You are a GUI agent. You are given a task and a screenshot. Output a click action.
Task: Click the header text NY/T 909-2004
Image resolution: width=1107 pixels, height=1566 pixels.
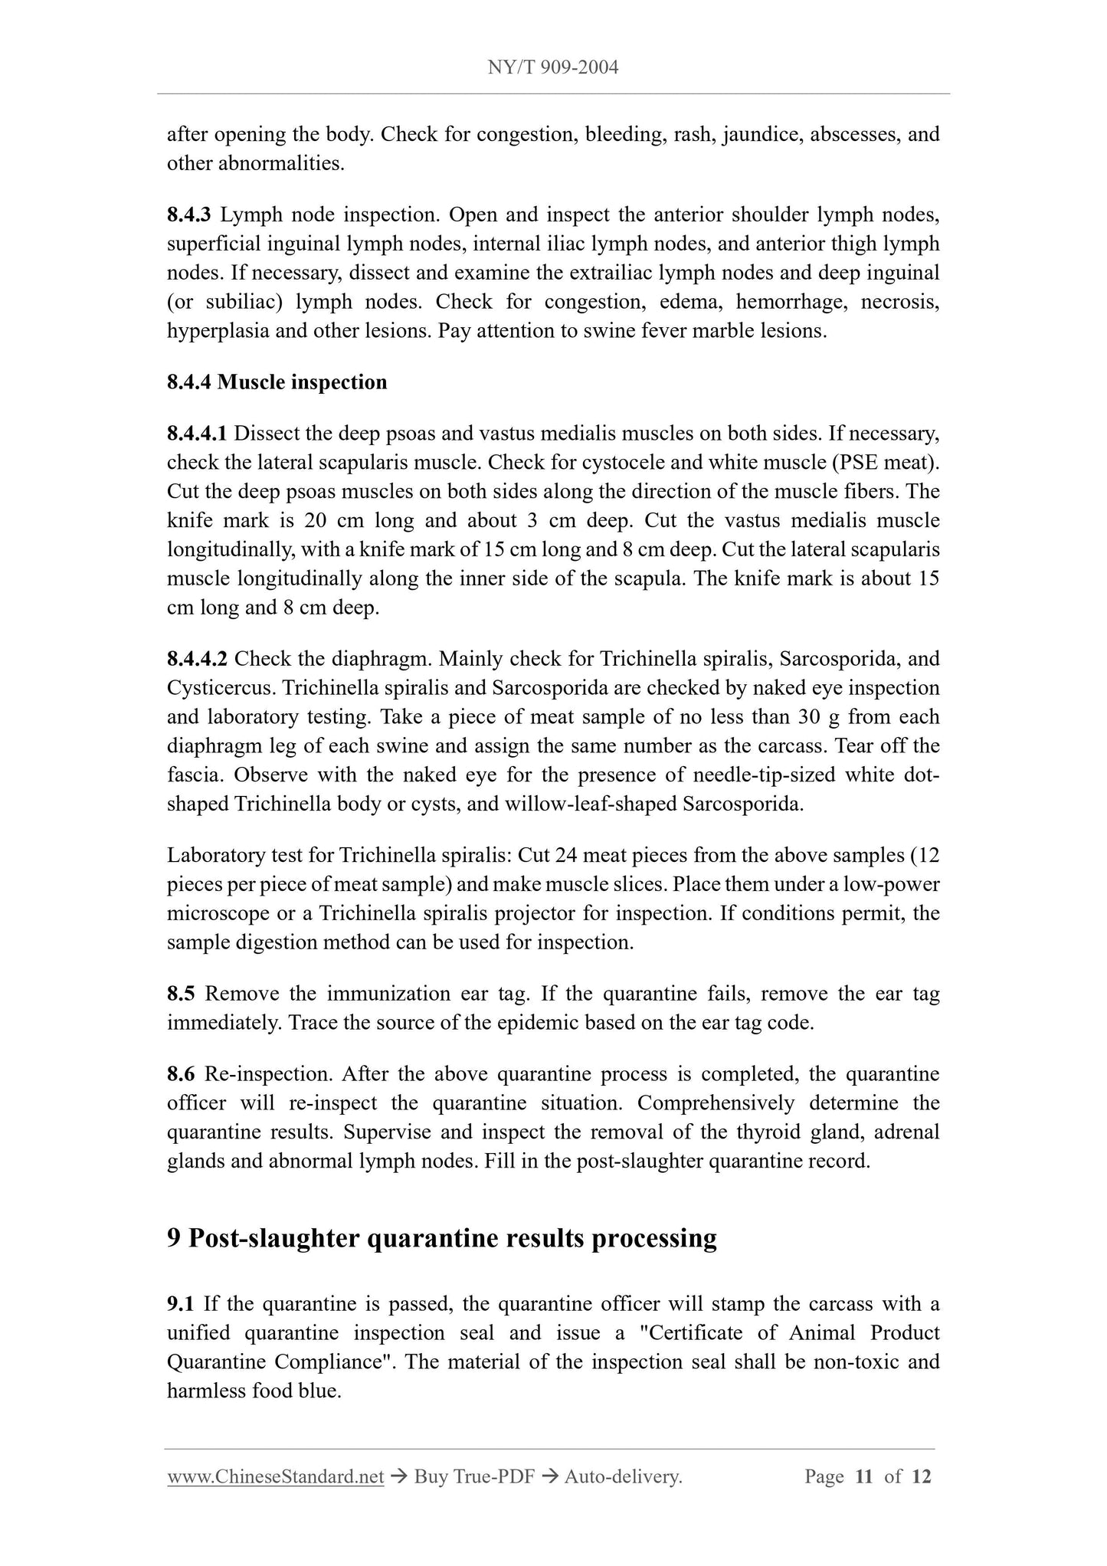pyautogui.click(x=553, y=67)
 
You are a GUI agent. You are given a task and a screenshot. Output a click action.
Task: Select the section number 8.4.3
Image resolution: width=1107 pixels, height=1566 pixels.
pyautogui.click(x=188, y=215)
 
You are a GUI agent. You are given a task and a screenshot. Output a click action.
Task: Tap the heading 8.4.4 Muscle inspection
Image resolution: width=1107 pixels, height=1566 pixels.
pyautogui.click(x=277, y=382)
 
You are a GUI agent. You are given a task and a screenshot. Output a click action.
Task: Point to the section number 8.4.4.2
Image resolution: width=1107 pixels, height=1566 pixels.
pyautogui.click(x=197, y=659)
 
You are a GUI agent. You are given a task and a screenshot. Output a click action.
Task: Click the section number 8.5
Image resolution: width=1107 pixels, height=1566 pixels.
pyautogui.click(x=181, y=994)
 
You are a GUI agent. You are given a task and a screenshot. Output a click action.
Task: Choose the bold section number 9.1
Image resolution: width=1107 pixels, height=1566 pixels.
pyautogui.click(x=181, y=1304)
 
